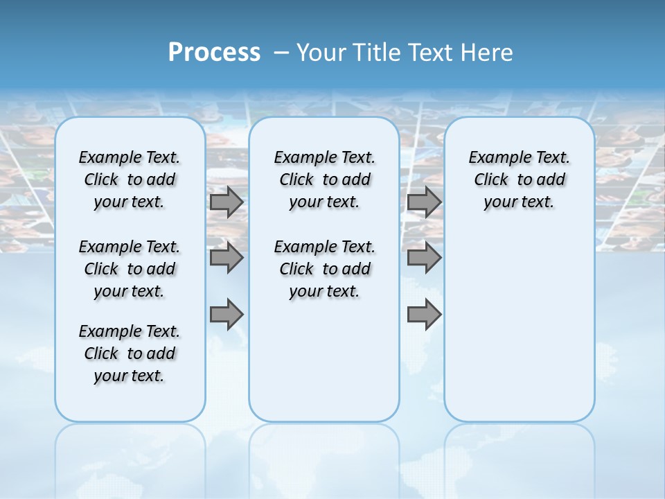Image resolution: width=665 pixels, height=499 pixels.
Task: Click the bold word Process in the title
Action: tap(214, 53)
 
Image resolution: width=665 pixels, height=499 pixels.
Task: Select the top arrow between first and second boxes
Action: tap(227, 202)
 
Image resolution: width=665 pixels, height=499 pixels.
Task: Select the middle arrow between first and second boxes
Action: tap(227, 258)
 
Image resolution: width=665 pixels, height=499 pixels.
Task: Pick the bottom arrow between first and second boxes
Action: tap(227, 315)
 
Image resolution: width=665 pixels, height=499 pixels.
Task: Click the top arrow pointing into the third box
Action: tap(424, 202)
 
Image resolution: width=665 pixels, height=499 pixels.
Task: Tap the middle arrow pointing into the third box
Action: tap(424, 258)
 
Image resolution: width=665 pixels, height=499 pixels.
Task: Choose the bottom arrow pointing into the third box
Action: tap(424, 315)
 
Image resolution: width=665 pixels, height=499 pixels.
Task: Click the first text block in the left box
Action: tap(129, 180)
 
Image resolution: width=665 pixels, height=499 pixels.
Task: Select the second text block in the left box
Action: tap(129, 269)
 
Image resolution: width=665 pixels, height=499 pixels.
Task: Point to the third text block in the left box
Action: tap(129, 353)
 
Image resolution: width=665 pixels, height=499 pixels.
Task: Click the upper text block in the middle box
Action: tap(324, 180)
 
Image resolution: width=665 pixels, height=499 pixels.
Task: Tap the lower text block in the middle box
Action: tap(324, 269)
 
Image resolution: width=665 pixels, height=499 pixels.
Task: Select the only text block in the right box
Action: tap(519, 180)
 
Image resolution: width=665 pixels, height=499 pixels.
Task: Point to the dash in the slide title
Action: tap(281, 53)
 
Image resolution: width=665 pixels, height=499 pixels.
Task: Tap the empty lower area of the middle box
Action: tap(324, 360)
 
